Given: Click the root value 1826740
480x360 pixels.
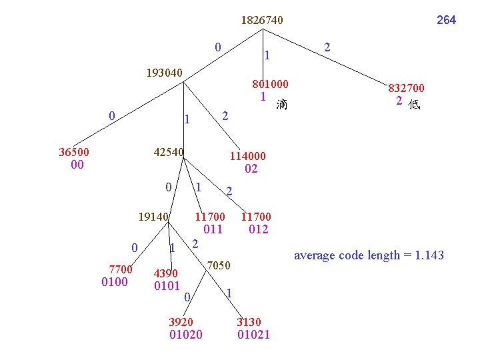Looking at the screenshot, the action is pyautogui.click(x=262, y=21).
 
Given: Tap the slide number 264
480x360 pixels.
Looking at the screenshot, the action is pyautogui.click(x=446, y=20).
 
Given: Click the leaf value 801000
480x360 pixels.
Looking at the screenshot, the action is pyautogui.click(x=270, y=85).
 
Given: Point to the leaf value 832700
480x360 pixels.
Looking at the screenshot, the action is pyautogui.click(x=407, y=88).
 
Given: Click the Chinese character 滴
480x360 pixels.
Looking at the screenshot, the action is pyautogui.click(x=282, y=104).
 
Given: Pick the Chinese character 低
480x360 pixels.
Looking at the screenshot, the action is pyautogui.click(x=414, y=105).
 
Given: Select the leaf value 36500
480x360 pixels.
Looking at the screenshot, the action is pyautogui.click(x=75, y=151).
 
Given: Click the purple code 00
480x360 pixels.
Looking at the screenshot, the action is pyautogui.click(x=77, y=165).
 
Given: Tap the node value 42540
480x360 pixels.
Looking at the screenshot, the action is pyautogui.click(x=169, y=151).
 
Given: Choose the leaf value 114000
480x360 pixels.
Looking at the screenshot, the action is pyautogui.click(x=247, y=156).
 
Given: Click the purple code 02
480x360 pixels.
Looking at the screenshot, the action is pyautogui.click(x=251, y=169).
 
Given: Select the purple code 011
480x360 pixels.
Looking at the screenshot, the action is pyautogui.click(x=213, y=229).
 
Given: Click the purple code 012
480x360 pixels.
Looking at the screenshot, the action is pyautogui.click(x=258, y=229).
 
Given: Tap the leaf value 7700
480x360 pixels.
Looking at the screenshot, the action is pyautogui.click(x=121, y=269).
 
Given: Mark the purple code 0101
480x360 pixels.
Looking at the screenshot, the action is pyautogui.click(x=167, y=286).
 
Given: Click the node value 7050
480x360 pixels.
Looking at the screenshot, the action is pyautogui.click(x=219, y=266).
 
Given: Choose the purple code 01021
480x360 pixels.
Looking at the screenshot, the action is pyautogui.click(x=254, y=334).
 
